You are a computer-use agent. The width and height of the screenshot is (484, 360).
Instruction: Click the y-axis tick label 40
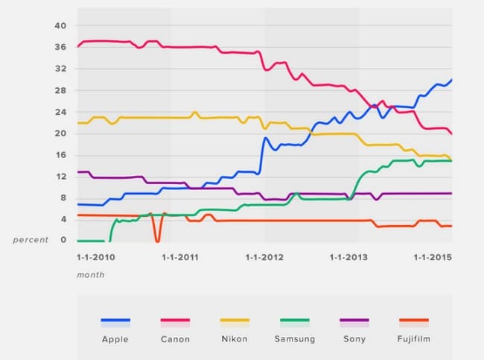(60, 26)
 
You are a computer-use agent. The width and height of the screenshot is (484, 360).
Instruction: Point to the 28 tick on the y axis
(60, 90)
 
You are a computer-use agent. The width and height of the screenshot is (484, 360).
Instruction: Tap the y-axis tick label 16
(60, 155)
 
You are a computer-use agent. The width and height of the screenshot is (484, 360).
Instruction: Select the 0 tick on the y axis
(63, 241)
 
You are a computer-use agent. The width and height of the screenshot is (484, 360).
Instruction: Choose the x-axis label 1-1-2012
(264, 257)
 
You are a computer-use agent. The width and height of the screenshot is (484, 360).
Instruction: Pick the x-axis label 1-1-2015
(434, 257)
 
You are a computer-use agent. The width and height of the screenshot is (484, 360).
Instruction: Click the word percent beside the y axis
(29, 241)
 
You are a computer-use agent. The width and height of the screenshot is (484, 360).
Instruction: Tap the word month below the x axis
(90, 274)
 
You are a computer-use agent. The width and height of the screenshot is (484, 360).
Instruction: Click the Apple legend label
(115, 339)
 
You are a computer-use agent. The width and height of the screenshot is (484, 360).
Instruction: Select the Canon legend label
(175, 339)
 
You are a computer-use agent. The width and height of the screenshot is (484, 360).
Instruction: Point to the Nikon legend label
(235, 339)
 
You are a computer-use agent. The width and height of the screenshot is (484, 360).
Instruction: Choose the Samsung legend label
(294, 339)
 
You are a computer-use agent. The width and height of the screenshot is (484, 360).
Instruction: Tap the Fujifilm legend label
(413, 339)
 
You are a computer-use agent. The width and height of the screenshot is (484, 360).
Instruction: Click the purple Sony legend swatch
(354, 321)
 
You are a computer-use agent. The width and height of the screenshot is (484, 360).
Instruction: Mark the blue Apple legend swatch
(115, 321)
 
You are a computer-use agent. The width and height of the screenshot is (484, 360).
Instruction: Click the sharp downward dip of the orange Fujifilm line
(157, 241)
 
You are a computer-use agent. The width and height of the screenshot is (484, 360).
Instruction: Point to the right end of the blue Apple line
(451, 80)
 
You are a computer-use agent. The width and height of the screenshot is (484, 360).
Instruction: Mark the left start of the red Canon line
(78, 46)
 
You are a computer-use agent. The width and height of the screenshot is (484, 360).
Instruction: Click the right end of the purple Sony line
(451, 193)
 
